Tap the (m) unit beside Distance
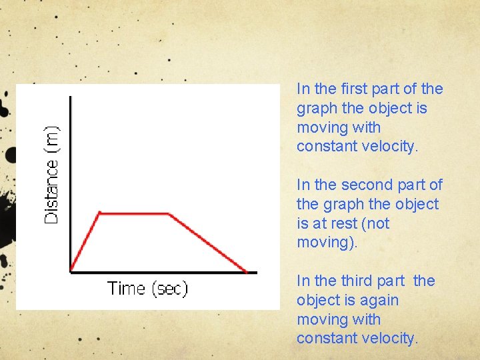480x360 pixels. point(51,139)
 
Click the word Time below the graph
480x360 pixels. point(126,288)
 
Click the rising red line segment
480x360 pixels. point(85,242)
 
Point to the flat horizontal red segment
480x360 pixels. point(134,213)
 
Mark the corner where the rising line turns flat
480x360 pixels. point(99,213)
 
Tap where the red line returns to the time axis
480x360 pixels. point(246,271)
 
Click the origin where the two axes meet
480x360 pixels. point(70,271)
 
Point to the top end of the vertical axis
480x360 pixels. point(70,97)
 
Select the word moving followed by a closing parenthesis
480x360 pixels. point(327,243)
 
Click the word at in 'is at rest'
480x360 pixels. point(320,223)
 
